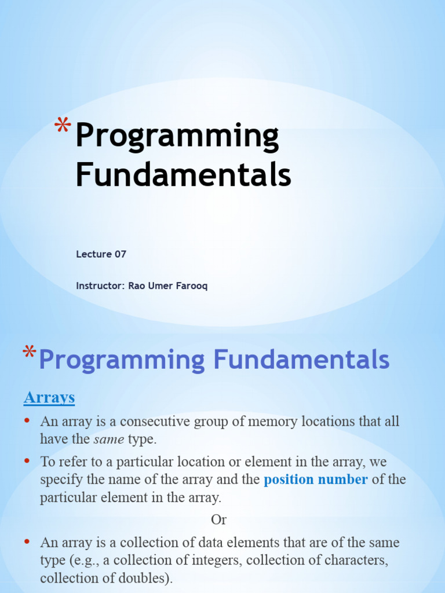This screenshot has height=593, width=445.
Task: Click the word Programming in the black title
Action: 177,137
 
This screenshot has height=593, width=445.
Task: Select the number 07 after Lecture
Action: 120,254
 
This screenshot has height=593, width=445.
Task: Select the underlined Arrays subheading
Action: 49,397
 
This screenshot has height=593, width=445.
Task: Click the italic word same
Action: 109,439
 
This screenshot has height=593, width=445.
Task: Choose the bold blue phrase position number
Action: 316,479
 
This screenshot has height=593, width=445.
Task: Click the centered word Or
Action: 218,519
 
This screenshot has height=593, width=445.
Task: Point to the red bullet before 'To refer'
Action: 27,461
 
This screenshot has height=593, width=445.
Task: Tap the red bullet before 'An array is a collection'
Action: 27,542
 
